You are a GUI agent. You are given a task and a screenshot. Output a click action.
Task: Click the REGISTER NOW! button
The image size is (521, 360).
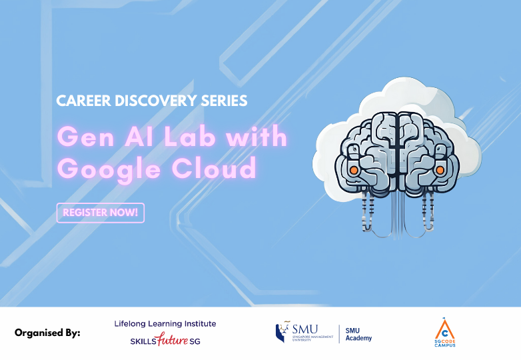[x=101, y=213]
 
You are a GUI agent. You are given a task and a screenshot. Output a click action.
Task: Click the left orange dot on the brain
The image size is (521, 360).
[x=354, y=171]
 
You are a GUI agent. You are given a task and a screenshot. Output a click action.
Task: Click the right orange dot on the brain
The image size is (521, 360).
[x=440, y=171]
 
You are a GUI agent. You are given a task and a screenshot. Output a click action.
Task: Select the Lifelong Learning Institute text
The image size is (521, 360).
[x=165, y=323]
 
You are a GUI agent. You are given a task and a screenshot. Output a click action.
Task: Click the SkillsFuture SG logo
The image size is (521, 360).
[x=165, y=341]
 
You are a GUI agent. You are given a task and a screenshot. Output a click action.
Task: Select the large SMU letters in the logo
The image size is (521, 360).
[x=305, y=328]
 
